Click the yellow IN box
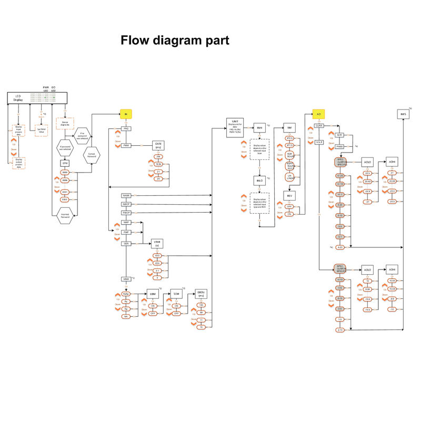126,114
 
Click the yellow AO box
318,114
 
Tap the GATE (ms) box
158,146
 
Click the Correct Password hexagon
92,155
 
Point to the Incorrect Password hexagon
65,216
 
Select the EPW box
65,163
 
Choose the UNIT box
235,128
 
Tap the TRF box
289,128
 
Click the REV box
289,196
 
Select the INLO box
259,181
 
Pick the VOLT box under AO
318,142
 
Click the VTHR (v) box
157,243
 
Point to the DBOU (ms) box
201,294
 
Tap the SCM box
177,294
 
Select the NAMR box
126,196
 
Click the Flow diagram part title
175,41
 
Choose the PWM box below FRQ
126,146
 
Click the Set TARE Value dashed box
42,131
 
